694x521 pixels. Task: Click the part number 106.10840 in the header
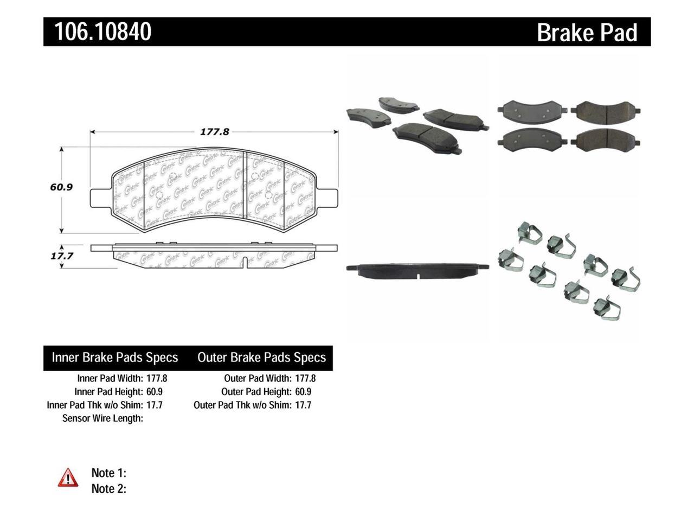[x=102, y=31]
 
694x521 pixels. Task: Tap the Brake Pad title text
[x=587, y=33]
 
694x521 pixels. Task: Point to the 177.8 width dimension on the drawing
[x=215, y=132]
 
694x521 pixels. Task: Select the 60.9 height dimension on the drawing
[x=61, y=187]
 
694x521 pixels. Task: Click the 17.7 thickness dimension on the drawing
[x=61, y=256]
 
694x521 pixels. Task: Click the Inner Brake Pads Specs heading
[x=115, y=358]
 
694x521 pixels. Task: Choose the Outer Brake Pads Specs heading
[x=261, y=358]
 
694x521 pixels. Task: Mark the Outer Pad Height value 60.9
[x=304, y=391]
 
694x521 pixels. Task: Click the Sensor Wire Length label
[x=103, y=418]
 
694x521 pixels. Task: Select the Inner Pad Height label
[x=108, y=391]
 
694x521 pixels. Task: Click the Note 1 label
[x=108, y=473]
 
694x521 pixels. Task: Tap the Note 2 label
[x=108, y=488]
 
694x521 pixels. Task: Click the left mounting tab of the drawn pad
[x=100, y=194]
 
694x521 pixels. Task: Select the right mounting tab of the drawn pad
[x=327, y=194]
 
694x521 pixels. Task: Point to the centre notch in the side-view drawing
[x=247, y=262]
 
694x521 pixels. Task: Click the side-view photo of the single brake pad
[x=417, y=271]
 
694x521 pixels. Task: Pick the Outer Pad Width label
[x=258, y=378]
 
